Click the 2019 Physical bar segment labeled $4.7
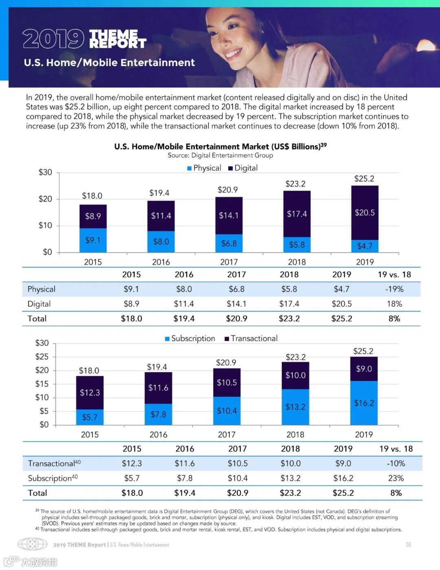[365, 246]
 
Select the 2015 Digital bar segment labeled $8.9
[93, 216]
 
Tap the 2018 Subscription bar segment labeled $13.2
[295, 407]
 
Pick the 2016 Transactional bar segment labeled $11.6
[158, 388]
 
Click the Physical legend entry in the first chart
[204, 168]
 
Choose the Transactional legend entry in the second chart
[251, 339]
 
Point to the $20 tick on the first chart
[45, 199]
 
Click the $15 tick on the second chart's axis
[42, 384]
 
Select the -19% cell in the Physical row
[394, 289]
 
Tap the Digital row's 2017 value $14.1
[236, 304]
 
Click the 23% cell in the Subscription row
[396, 478]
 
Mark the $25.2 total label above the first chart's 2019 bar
[364, 179]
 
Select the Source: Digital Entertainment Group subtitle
[220, 155]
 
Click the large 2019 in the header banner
[53, 39]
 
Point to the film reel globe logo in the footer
[32, 544]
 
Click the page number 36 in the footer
[408, 545]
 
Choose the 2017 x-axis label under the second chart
[227, 435]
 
